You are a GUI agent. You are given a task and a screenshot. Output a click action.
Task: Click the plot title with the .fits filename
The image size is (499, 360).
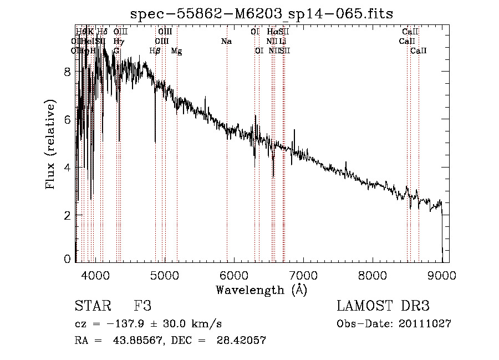[x=262, y=14]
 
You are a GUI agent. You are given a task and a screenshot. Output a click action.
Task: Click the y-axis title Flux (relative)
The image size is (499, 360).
[x=51, y=145]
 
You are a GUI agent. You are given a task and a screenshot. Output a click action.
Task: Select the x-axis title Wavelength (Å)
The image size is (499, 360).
[x=261, y=289]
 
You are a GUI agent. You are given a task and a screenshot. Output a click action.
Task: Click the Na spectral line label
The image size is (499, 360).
[x=226, y=42]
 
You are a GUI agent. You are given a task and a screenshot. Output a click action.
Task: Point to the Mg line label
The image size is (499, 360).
[x=176, y=51]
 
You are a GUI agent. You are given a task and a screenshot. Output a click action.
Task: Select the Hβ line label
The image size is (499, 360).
[x=155, y=51]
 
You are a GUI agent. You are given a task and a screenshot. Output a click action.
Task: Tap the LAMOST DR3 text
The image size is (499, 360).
[x=383, y=307]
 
